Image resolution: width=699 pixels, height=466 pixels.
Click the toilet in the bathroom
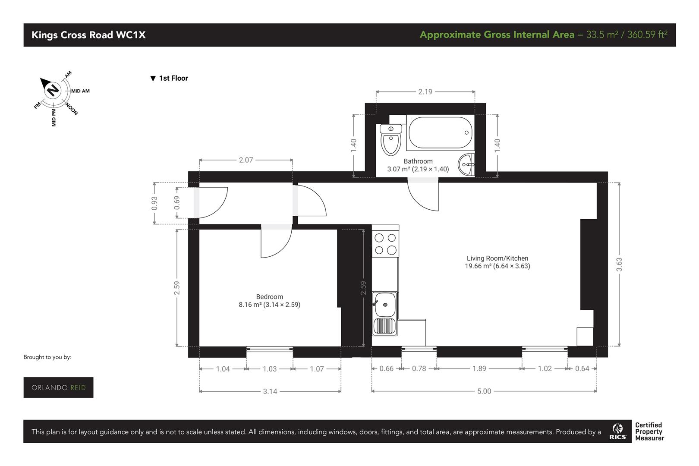pos(390,140)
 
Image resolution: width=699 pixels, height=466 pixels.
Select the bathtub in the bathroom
pos(440,132)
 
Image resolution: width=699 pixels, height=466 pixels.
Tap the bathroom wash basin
pos(466,164)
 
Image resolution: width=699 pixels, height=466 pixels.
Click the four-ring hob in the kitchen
pos(385,244)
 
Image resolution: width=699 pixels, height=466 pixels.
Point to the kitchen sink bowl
pos(385,304)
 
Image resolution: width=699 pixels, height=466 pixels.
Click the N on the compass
pos(53,90)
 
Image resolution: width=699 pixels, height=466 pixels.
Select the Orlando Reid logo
pos(58,387)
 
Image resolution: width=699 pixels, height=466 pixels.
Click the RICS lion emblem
pos(617,428)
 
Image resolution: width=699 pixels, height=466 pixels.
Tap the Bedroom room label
pos(270,297)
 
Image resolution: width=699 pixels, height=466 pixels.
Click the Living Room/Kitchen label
pos(497,258)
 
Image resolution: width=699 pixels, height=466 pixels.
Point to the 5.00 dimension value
pos(484,391)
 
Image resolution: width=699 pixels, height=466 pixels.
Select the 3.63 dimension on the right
pos(619,264)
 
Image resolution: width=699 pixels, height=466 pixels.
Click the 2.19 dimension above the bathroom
pos(425,92)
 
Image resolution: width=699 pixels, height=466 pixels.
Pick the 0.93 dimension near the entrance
pos(154,203)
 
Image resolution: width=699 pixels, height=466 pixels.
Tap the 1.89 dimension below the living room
pos(479,368)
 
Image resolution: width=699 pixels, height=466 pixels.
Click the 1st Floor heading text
pos(173,78)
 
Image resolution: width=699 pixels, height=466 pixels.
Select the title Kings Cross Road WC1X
pos(88,35)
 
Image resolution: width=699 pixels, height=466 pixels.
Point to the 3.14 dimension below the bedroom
pos(270,391)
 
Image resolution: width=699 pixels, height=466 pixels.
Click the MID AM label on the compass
pos(81,91)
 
